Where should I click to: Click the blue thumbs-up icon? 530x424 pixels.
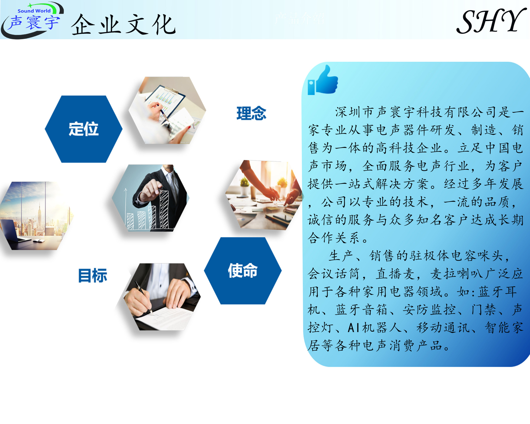click(323, 81)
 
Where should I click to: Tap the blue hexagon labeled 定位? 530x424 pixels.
click(83, 129)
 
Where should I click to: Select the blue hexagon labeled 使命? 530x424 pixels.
click(243, 271)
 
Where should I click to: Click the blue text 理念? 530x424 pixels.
click(251, 113)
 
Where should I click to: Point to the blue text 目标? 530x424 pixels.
click(92, 275)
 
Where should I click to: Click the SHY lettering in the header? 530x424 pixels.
click(491, 22)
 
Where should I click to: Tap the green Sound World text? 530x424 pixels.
click(34, 11)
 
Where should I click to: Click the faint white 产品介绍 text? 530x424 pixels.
click(300, 19)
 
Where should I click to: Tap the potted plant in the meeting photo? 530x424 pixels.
click(244, 184)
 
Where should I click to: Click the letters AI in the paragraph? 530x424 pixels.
click(354, 328)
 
